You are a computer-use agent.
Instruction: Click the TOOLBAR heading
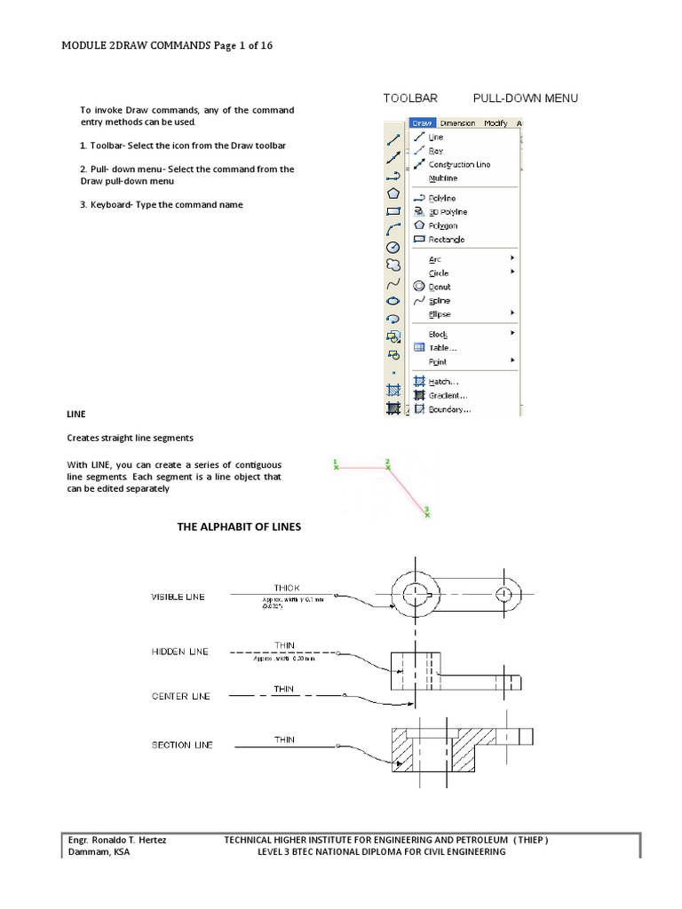(411, 98)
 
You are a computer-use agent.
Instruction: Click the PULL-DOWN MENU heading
(525, 98)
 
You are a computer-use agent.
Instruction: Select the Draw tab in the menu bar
(423, 123)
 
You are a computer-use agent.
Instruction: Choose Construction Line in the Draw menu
(458, 164)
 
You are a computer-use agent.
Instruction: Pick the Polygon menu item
(444, 225)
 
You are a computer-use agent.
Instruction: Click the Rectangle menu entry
(447, 240)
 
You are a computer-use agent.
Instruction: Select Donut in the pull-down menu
(440, 287)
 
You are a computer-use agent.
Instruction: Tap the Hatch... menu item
(444, 381)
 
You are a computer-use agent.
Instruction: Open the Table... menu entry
(443, 348)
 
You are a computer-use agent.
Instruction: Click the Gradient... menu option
(448, 395)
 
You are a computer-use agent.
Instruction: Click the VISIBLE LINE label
(178, 597)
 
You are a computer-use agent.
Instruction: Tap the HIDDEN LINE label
(179, 652)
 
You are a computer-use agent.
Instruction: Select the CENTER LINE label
(180, 697)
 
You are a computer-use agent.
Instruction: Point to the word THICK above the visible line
(287, 588)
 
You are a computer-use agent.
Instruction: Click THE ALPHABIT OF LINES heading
(240, 526)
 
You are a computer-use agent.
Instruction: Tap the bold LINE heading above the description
(76, 414)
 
